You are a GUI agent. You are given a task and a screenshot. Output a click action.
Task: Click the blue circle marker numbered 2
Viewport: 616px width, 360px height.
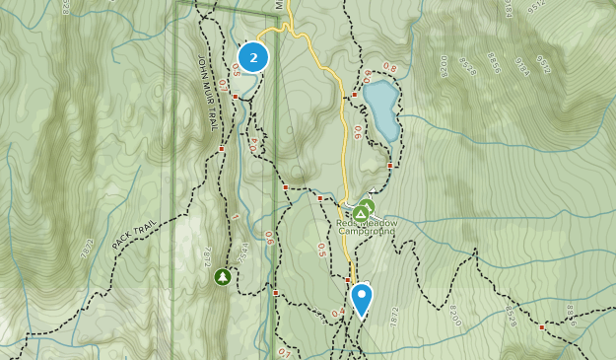click(254, 58)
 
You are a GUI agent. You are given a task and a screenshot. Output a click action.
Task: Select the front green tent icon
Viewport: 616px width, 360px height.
click(362, 213)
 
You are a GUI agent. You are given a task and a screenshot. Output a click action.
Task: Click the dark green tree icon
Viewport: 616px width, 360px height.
click(223, 277)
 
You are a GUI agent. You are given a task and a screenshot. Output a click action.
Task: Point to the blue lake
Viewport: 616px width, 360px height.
click(380, 109)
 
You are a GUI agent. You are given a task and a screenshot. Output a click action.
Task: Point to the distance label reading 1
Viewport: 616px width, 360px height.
click(236, 216)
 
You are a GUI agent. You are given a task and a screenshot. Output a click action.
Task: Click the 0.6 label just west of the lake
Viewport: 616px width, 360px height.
click(357, 131)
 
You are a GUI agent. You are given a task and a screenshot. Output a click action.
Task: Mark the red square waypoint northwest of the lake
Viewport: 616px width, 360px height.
click(356, 95)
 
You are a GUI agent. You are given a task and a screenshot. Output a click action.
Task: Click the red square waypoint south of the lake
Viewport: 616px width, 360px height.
click(390, 166)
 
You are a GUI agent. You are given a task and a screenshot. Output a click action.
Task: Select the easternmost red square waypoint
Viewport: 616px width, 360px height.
click(541, 325)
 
